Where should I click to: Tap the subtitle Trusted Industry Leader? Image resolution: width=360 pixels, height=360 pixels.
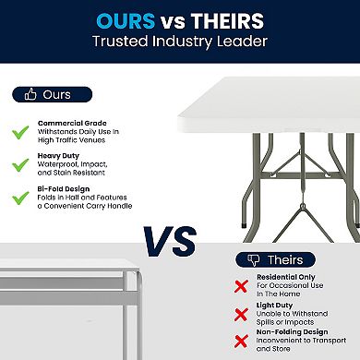(180, 42)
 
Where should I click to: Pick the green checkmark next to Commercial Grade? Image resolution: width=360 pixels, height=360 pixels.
(19, 131)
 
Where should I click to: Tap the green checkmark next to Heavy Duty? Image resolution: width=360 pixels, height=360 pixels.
(19, 165)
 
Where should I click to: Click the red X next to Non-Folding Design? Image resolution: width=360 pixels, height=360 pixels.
(242, 342)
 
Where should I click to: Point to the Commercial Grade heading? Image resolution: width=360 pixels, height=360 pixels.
(72, 123)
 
